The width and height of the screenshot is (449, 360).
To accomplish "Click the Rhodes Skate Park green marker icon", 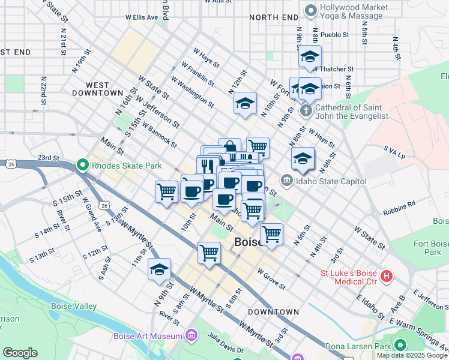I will click(x=82, y=165).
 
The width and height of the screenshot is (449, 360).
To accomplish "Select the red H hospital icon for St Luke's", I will click(x=387, y=277).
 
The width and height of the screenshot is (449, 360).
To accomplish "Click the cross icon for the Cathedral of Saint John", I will click(x=306, y=110).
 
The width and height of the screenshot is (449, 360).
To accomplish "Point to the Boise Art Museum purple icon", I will click(x=191, y=335).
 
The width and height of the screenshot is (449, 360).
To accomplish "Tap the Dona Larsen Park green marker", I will click(x=400, y=346).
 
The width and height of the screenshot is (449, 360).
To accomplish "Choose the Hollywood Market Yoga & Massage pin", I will click(x=310, y=10).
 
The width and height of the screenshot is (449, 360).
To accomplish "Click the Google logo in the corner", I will click(x=20, y=353).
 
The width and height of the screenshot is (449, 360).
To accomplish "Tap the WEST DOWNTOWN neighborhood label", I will click(x=96, y=89).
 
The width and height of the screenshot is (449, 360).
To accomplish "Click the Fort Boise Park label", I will click(x=432, y=248).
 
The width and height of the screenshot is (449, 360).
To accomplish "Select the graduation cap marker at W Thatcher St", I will click(x=310, y=56).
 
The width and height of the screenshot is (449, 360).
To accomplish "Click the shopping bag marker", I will click(x=229, y=148).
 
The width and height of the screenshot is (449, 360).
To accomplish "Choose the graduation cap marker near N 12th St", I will click(x=245, y=103).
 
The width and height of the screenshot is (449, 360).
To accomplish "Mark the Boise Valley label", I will click(x=74, y=306).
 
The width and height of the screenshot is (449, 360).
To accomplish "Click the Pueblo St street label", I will click(x=337, y=35).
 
